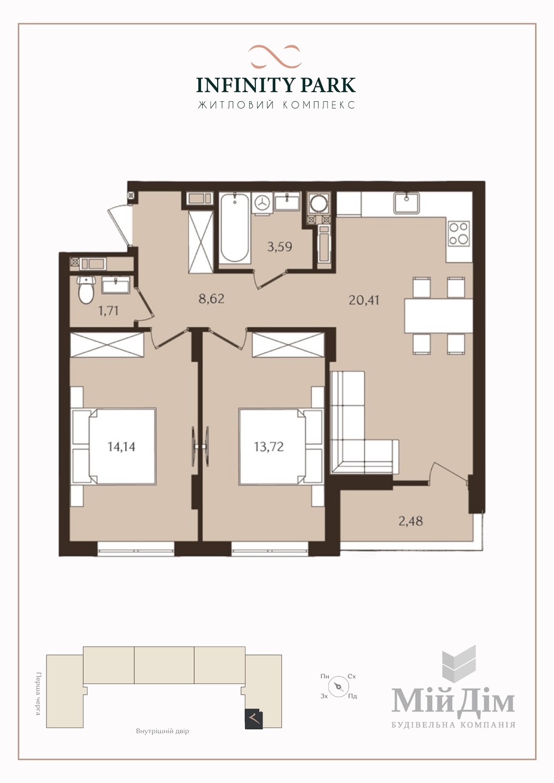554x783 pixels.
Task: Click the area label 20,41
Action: tap(364, 300)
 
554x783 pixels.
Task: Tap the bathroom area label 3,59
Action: tap(279, 247)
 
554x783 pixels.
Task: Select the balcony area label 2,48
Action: tap(411, 521)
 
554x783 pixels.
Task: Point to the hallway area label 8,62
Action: tap(211, 299)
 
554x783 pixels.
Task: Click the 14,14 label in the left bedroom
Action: tap(121, 447)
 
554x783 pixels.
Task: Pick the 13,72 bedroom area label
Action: tap(269, 447)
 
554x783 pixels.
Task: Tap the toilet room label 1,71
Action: tap(108, 311)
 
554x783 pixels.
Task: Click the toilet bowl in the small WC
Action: tap(86, 290)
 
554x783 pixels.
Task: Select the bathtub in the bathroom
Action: tap(235, 228)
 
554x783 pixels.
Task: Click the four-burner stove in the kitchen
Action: tap(459, 233)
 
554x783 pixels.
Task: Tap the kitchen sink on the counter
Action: tap(407, 203)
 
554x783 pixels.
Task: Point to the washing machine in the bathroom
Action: tap(262, 203)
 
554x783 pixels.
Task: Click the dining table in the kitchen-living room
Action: tap(439, 316)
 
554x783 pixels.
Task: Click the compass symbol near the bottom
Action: tap(338, 686)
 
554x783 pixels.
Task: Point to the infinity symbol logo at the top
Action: tap(275, 56)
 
